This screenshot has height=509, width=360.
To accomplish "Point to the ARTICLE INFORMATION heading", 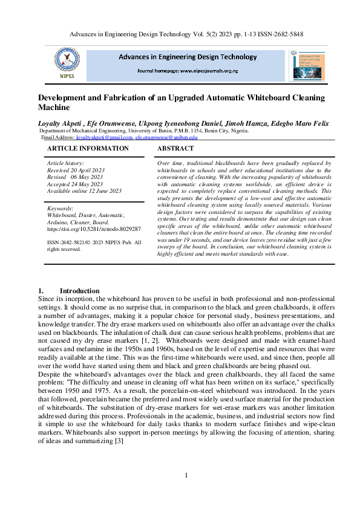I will pos(88,148).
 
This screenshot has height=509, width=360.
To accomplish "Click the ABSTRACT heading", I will pos(175,148).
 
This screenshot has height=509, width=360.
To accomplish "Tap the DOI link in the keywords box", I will pos(94,230).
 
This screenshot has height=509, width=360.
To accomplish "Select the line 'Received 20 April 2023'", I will pos(76,170).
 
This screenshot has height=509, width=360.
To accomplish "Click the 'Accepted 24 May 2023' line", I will pos(74,184).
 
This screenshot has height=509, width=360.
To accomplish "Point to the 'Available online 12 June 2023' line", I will pos(84,191).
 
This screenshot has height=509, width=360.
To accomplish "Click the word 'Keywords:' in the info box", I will pos(60,209).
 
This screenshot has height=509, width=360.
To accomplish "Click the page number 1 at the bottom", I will pos(186,475).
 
